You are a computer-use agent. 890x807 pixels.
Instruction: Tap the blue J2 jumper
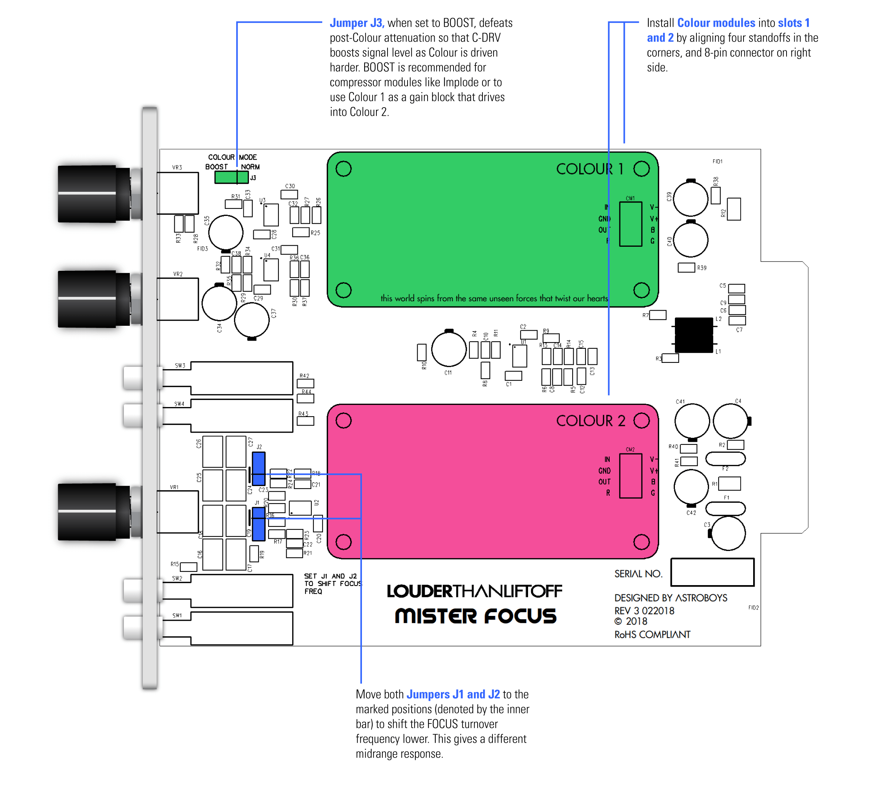point(259,468)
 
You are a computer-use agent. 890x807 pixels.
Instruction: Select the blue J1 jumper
point(259,524)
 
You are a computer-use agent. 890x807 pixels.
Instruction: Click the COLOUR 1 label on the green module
point(590,169)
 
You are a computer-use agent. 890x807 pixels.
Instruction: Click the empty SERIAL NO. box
point(712,573)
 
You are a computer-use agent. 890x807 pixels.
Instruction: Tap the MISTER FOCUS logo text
point(475,616)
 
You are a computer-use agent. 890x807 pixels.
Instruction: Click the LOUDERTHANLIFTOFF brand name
point(475,591)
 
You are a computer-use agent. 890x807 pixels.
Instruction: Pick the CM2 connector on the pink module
point(630,476)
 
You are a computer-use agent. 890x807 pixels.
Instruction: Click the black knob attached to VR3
point(88,193)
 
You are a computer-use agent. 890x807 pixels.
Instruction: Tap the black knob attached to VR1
point(88,512)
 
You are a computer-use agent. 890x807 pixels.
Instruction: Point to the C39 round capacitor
point(690,199)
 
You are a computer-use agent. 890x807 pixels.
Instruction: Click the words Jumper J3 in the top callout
point(357,23)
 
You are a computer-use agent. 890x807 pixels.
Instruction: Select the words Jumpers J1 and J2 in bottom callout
point(453,694)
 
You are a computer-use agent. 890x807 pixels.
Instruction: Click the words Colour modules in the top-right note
point(716,23)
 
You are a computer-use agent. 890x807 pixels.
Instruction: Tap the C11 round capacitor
point(449,349)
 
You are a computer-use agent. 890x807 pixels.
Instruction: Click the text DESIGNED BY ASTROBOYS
point(670,598)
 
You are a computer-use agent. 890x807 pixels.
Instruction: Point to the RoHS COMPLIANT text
point(652,635)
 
